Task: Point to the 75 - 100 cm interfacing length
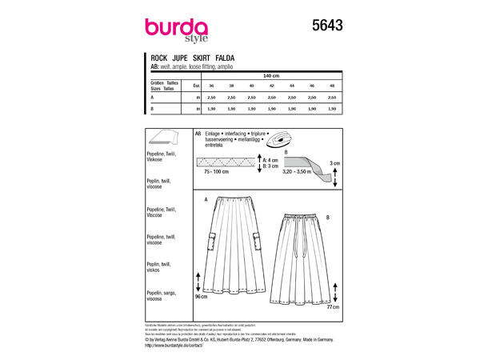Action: click(x=215, y=171)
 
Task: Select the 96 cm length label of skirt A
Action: click(x=202, y=295)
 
